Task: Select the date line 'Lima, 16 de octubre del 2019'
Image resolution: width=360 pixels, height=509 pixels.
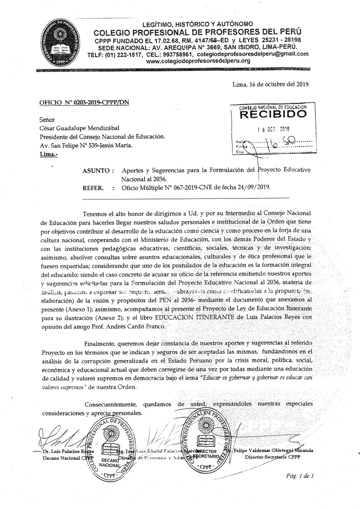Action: [271, 83]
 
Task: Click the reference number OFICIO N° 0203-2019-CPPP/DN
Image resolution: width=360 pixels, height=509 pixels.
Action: [84, 102]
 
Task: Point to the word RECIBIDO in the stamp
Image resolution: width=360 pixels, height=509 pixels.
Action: [273, 115]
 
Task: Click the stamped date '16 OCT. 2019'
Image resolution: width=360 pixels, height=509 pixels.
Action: [274, 129]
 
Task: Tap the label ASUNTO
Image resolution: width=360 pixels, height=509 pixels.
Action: [98, 170]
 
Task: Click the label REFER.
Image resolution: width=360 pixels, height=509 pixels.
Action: [95, 188]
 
